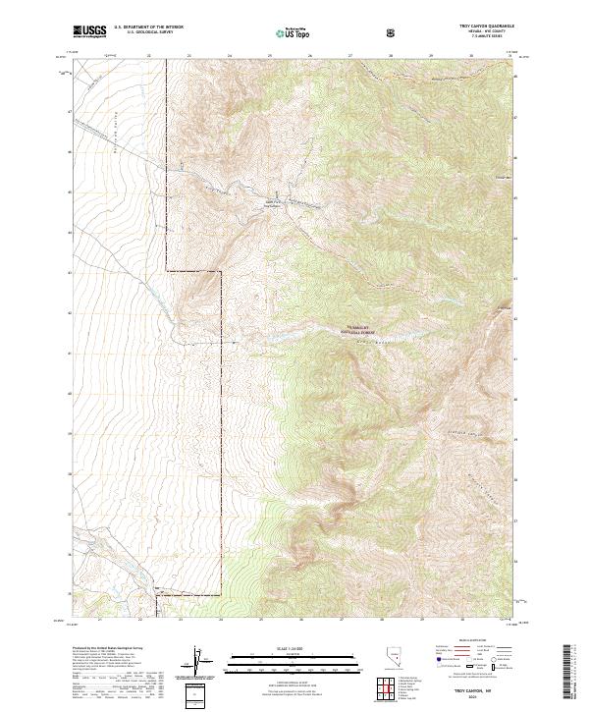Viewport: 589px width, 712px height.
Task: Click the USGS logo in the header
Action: (x=89, y=31)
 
